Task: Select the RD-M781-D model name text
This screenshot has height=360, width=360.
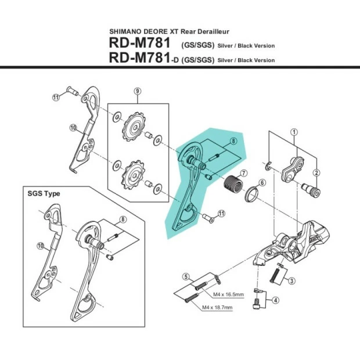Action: click(x=142, y=58)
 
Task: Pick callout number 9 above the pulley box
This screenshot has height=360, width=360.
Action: click(x=138, y=91)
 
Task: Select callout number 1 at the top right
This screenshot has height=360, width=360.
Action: click(x=294, y=132)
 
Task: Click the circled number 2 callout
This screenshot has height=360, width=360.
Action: click(x=317, y=172)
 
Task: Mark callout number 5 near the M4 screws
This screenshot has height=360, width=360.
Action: click(x=184, y=276)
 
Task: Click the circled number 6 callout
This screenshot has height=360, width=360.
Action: click(x=262, y=182)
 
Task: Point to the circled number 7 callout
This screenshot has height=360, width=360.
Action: click(x=244, y=173)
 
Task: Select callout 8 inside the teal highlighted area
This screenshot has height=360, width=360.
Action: click(x=233, y=141)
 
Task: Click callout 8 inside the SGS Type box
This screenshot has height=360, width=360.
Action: click(x=123, y=219)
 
